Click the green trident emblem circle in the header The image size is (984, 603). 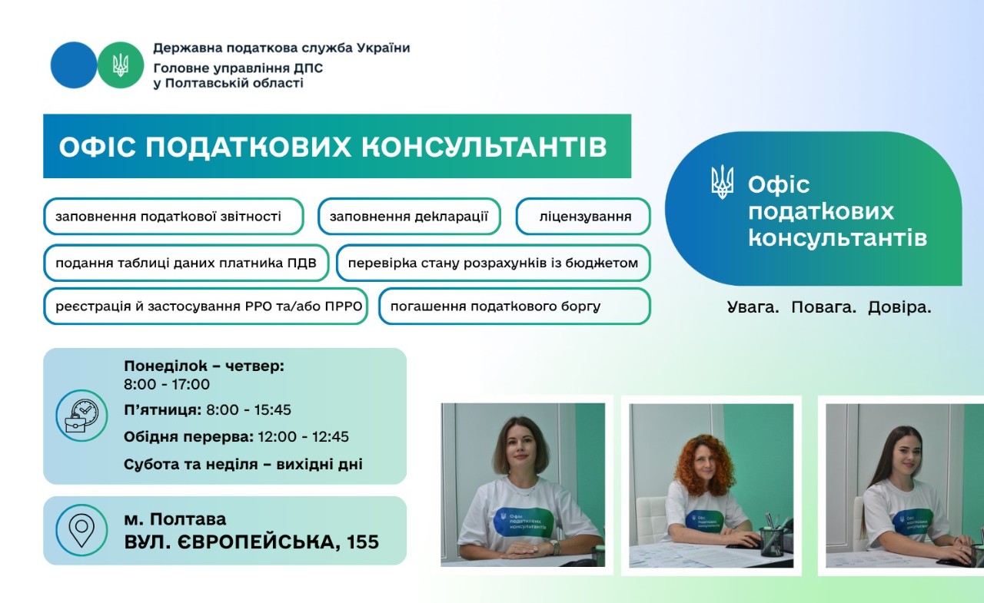click(x=121, y=65)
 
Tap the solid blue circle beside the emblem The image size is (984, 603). click(x=74, y=65)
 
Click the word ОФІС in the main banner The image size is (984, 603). click(x=96, y=147)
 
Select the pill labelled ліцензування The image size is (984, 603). click(x=583, y=217)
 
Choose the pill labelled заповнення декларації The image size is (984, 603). click(x=409, y=217)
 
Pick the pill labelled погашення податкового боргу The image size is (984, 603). click(x=514, y=306)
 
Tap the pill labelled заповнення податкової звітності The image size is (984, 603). click(x=173, y=217)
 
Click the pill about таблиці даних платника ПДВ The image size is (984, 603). click(x=186, y=263)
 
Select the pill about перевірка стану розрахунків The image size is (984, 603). click(x=493, y=263)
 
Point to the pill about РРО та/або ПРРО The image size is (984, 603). click(x=205, y=306)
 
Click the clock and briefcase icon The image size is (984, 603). click(x=81, y=416)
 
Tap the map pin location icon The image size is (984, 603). click(x=81, y=530)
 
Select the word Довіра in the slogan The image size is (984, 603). click(x=899, y=308)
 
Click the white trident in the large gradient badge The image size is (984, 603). click(x=722, y=183)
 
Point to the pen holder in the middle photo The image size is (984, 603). click(x=771, y=540)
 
